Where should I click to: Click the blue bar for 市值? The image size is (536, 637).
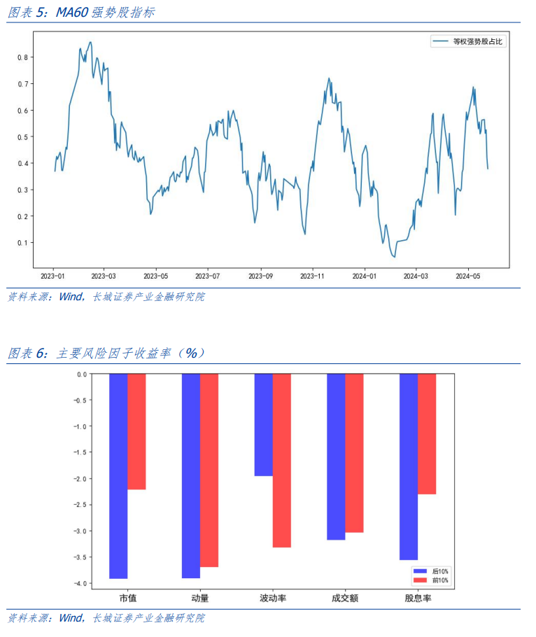(118, 476)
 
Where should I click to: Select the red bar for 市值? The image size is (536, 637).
(136, 431)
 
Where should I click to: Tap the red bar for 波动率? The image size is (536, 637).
(281, 460)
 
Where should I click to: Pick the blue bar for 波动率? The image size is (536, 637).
(263, 424)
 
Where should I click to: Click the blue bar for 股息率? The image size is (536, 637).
(409, 466)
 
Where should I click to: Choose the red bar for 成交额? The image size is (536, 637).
(354, 453)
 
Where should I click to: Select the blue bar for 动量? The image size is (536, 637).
(191, 476)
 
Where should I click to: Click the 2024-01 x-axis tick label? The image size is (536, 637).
(365, 276)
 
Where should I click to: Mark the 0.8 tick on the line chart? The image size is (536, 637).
(22, 57)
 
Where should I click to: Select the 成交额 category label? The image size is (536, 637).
(345, 598)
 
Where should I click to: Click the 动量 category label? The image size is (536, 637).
(200, 598)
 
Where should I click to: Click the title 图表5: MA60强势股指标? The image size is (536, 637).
(81, 13)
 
